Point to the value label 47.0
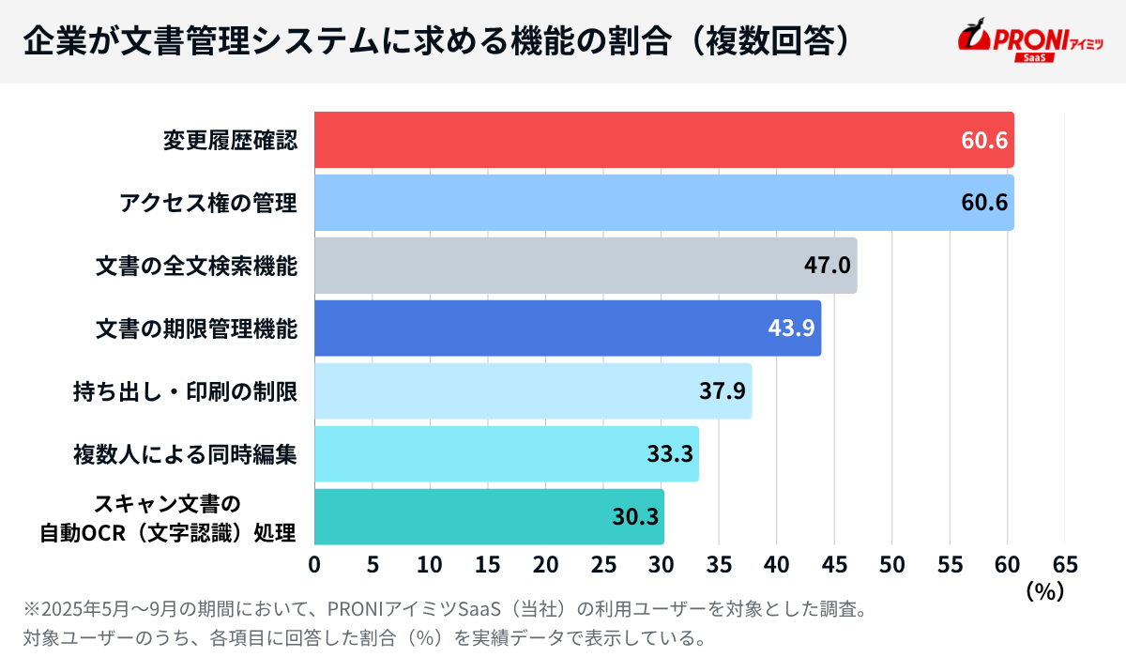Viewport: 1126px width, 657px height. (x=827, y=266)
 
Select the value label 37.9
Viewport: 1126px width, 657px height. (x=722, y=390)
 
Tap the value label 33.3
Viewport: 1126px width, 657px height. (x=669, y=454)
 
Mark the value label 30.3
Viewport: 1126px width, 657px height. (x=634, y=517)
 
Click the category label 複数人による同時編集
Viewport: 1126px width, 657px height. (x=185, y=454)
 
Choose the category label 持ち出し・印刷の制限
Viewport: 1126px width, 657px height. (x=185, y=390)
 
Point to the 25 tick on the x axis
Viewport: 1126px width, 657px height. (x=603, y=565)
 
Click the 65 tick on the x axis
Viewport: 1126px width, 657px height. (x=1065, y=565)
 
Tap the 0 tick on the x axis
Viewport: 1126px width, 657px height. (x=314, y=565)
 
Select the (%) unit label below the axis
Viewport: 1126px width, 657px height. (x=1043, y=591)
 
